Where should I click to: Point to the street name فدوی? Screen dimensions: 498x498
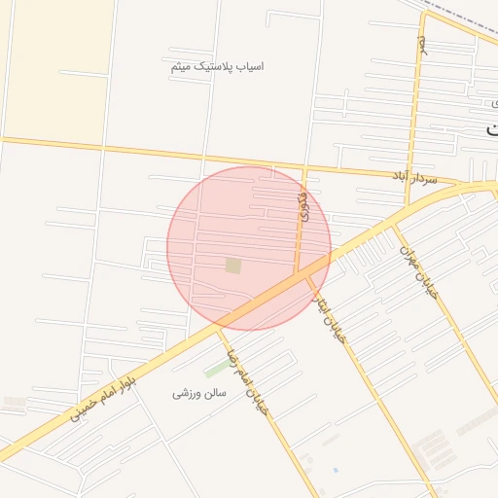pos(303,206)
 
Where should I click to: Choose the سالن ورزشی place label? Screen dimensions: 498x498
pos(199,393)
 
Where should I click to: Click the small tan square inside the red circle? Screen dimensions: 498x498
pos(233,265)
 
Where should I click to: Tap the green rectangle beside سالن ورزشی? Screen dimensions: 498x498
pos(216,371)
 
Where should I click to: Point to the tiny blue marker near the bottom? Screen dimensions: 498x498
pos(336,471)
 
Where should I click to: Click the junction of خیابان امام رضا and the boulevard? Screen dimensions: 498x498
pos(221,327)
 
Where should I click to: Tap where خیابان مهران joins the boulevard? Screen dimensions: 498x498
pos(395,223)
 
